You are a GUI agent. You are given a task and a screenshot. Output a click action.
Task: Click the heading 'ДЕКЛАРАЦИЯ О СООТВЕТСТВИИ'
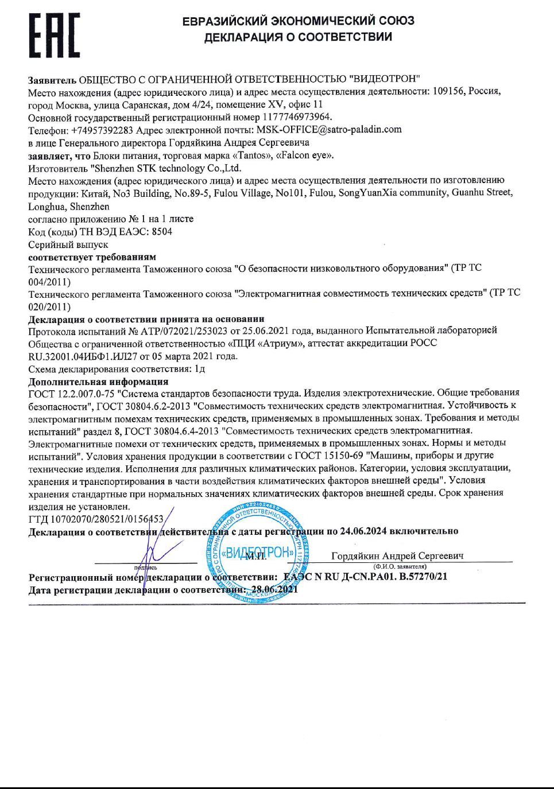tap(298, 37)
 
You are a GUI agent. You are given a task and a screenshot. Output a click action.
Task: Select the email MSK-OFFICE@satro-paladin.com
tap(329, 130)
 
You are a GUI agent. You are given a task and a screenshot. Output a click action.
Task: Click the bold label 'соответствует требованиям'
tap(92, 257)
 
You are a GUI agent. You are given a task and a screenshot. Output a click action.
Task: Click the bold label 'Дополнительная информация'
tap(98, 382)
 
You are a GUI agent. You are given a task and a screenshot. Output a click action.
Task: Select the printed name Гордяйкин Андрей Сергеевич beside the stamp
tap(397, 555)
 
